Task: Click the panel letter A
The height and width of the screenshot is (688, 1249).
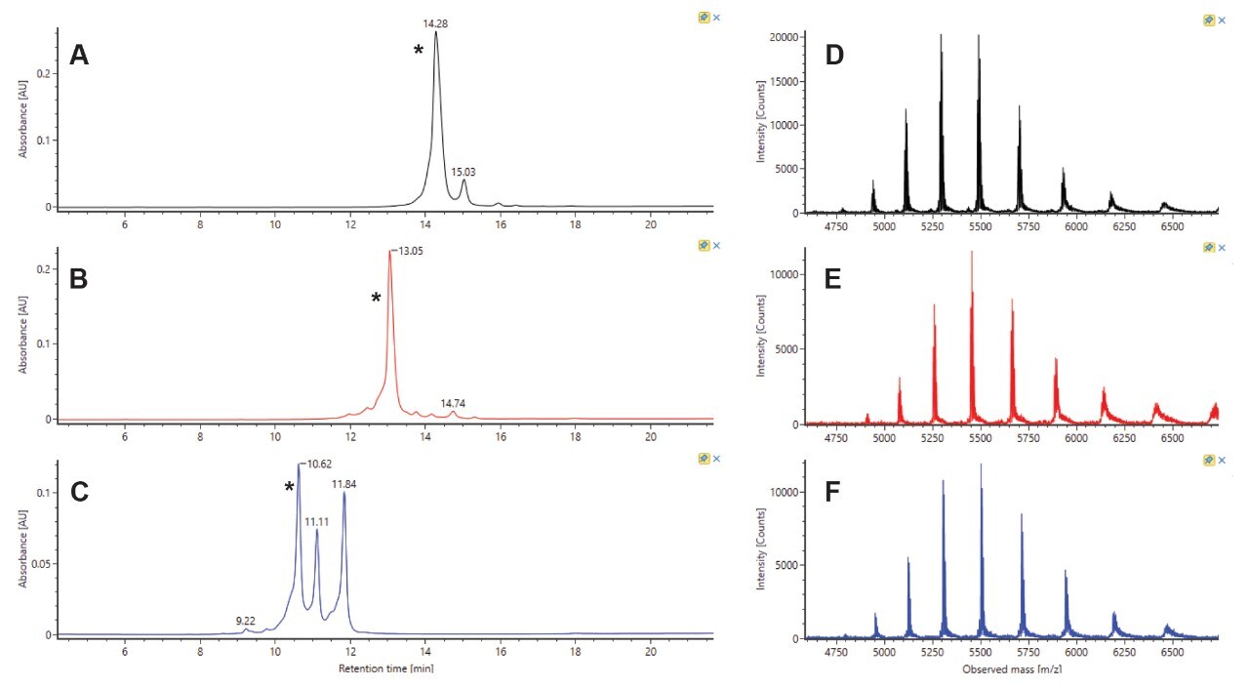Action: [79, 57]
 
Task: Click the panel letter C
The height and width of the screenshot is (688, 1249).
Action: [80, 491]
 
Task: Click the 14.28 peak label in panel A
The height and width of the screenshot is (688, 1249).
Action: [435, 22]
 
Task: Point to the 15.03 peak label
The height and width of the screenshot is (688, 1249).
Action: [463, 172]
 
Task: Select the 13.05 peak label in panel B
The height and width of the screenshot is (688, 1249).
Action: [409, 251]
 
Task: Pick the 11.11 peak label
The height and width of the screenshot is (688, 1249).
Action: [316, 522]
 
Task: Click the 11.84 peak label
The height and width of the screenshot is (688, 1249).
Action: [343, 482]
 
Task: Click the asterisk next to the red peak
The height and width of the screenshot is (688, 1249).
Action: [376, 298]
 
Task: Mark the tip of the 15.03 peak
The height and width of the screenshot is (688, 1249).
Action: [464, 181]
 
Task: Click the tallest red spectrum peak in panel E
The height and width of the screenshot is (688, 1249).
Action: [972, 253]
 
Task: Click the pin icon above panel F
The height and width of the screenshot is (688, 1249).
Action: [1208, 459]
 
